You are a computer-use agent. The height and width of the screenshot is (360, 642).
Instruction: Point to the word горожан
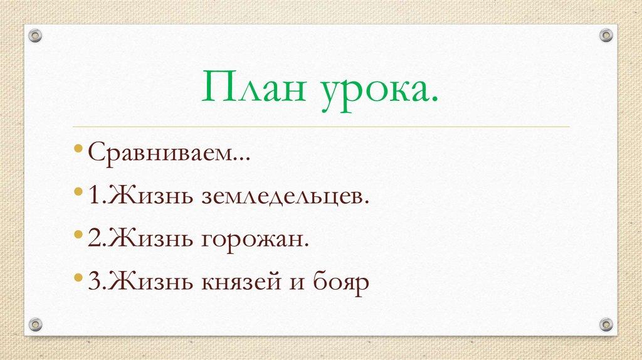[x=256, y=240]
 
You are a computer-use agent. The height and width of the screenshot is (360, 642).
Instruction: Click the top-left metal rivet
[x=36, y=35]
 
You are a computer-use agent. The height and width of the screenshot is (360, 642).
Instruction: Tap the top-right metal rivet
[x=606, y=35]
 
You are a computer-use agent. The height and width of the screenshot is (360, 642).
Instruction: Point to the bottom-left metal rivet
[x=36, y=324]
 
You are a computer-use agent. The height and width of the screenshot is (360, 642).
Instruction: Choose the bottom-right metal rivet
[x=606, y=324]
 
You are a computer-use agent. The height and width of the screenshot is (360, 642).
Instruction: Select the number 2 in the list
[x=93, y=239]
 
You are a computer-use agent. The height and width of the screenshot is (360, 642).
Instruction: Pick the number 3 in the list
[x=93, y=282]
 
